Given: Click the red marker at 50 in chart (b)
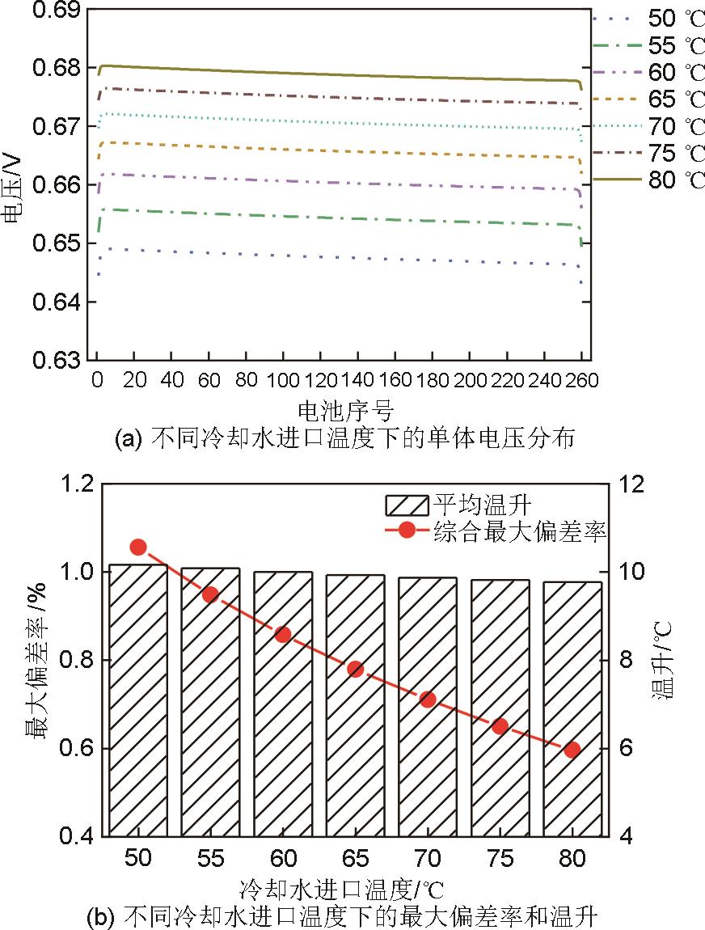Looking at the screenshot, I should (x=137, y=547).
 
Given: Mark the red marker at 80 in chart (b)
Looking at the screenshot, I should (x=572, y=750).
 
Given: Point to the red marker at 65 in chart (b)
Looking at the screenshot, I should (x=355, y=669).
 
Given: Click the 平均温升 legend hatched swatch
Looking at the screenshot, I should (x=406, y=505).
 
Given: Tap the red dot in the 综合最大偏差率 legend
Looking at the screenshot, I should (x=406, y=531).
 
